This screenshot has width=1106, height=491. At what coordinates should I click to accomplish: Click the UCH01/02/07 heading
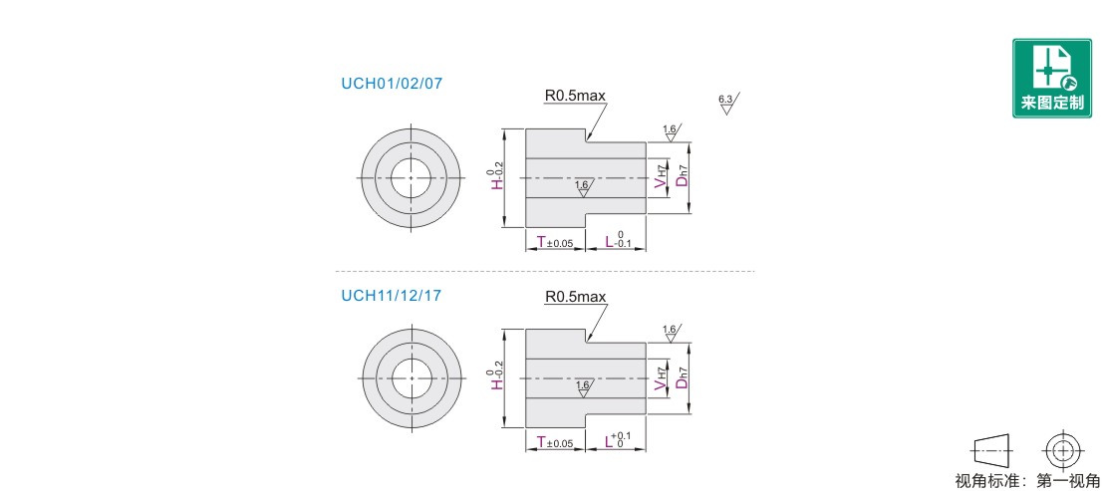[x=392, y=84]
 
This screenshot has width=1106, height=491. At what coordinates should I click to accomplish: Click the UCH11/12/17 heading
[x=392, y=295]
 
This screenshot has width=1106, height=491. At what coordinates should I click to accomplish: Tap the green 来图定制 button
[x=1051, y=78]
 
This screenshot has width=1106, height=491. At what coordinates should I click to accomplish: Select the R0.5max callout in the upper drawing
[x=575, y=96]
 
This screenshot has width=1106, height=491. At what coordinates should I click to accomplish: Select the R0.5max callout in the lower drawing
[x=575, y=297]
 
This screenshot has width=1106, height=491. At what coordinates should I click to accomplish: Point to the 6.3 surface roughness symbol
[x=726, y=104]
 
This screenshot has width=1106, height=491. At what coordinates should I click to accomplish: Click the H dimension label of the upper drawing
[x=496, y=179]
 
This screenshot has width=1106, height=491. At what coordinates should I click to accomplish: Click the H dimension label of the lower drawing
[x=496, y=378]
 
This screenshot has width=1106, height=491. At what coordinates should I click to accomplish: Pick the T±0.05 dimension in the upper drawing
[x=555, y=243]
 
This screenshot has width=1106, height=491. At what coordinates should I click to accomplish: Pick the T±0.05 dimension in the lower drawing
[x=555, y=443]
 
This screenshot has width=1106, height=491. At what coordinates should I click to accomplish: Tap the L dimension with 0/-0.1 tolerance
[x=618, y=241]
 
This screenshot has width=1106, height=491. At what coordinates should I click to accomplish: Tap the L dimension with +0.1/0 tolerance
[x=618, y=441]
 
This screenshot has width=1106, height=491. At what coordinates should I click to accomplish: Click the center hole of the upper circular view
[x=411, y=177]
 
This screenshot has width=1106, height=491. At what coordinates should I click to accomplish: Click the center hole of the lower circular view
[x=411, y=377]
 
